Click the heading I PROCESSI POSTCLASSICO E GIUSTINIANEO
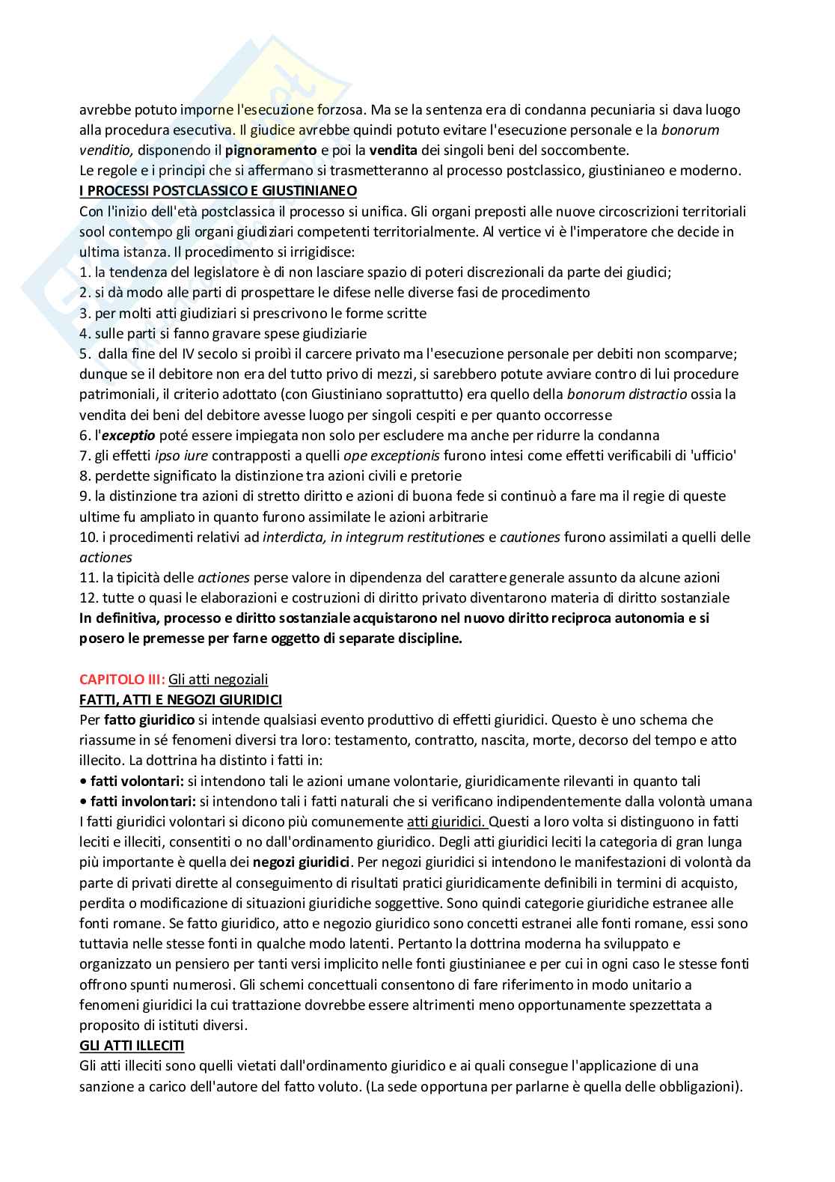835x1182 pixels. [x=218, y=191]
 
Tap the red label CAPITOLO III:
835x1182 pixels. [x=121, y=680]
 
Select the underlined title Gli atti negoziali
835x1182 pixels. [x=218, y=680]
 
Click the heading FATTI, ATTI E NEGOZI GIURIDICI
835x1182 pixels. [x=180, y=700]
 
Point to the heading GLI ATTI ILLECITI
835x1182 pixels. [x=132, y=1046]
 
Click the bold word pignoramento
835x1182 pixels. [x=276, y=150]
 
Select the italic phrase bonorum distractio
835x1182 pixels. [x=627, y=394]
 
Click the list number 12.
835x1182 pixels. [x=87, y=598]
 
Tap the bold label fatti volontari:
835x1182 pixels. [x=136, y=781]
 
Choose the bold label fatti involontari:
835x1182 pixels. [x=142, y=801]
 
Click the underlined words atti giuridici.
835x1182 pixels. [x=447, y=821]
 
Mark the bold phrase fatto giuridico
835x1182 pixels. [x=150, y=720]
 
